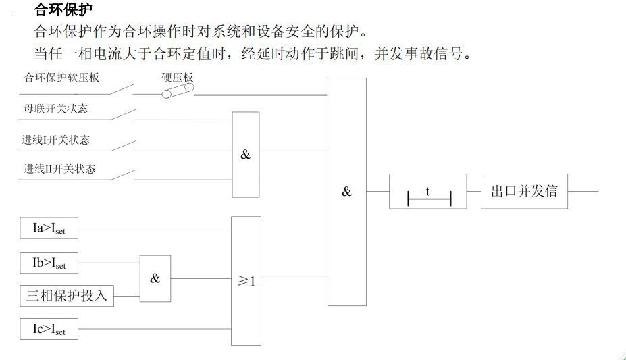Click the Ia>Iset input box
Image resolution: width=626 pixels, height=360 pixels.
tap(49, 229)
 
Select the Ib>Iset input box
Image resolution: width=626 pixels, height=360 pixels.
tap(49, 263)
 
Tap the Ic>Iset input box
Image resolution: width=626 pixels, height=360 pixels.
tap(49, 330)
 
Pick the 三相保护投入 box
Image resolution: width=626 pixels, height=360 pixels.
tap(66, 295)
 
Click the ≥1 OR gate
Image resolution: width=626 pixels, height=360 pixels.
tap(246, 280)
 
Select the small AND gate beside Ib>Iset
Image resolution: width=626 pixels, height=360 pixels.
tap(155, 278)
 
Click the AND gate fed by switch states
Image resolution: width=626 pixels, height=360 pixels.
tap(245, 154)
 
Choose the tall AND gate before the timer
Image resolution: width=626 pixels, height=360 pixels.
tap(347, 192)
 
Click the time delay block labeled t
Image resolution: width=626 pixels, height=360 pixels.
tap(427, 191)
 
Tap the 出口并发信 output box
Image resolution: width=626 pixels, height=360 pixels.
tap(524, 191)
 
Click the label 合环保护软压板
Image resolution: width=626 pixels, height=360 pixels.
tap(62, 78)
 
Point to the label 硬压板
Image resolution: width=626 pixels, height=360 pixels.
tap(178, 78)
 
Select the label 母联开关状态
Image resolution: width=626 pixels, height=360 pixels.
tap(56, 109)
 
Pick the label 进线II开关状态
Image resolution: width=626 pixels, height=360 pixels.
tap(59, 169)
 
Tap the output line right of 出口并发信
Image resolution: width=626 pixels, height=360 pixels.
tap(583, 191)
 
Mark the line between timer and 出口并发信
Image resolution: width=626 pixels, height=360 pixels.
tap(473, 191)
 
